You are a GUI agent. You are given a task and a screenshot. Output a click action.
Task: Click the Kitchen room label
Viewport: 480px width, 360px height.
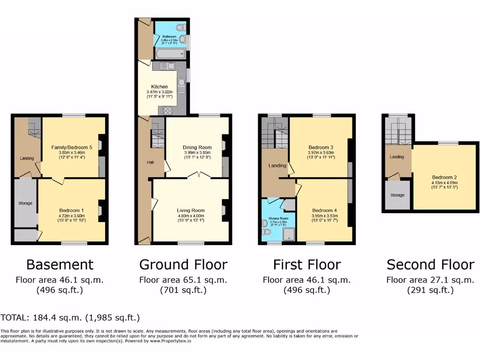pos(157,87)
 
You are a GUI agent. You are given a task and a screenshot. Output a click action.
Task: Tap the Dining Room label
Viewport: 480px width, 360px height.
pos(197,147)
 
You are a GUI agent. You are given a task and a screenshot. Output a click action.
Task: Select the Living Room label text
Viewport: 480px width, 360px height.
pos(191,210)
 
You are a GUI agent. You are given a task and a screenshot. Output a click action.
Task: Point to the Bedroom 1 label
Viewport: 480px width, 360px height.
pos(72,210)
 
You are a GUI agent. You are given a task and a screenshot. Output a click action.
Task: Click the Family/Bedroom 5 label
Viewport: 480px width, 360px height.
pos(72,147)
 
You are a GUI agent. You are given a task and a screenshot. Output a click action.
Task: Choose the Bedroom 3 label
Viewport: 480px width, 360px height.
pos(321,147)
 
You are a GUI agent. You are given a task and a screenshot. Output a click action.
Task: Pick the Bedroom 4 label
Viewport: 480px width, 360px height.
pos(324,210)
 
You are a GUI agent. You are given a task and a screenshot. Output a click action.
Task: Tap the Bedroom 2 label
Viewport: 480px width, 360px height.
pos(444,177)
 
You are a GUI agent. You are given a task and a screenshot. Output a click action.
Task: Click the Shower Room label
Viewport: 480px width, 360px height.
pos(278,218)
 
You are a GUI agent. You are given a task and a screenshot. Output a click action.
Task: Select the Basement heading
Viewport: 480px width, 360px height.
pos(60,265)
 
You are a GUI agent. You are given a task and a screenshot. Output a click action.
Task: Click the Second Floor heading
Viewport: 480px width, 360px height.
pos(430,265)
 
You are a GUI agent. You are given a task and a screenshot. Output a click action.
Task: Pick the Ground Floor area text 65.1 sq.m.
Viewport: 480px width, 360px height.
pos(183,280)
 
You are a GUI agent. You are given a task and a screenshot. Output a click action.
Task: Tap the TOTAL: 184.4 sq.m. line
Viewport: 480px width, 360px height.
pos(70,318)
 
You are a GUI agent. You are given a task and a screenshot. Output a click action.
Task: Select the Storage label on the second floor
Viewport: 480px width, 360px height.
pos(397,195)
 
